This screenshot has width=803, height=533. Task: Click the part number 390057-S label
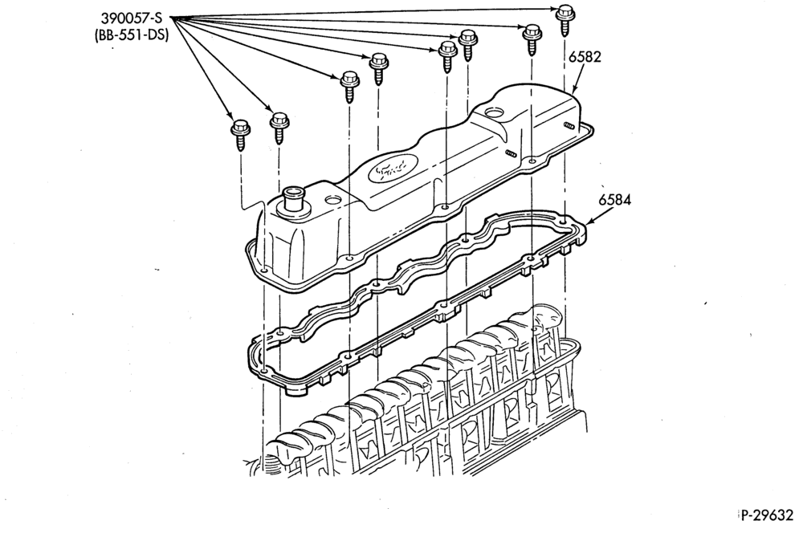pyautogui.click(x=132, y=19)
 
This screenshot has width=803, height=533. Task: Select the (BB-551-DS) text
pyautogui.click(x=132, y=35)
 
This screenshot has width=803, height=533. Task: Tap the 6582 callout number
pyautogui.click(x=585, y=56)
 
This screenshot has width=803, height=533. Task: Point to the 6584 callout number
pyautogui.click(x=615, y=199)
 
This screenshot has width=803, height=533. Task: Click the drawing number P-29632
pyautogui.click(x=767, y=515)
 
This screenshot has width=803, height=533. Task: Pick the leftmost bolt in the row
pyautogui.click(x=239, y=133)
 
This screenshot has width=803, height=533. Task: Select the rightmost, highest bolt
pyautogui.click(x=565, y=20)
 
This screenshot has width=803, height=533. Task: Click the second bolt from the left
pyautogui.click(x=279, y=128)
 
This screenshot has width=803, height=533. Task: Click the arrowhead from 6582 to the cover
pyautogui.click(x=574, y=90)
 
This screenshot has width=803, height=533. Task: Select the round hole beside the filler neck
pyautogui.click(x=333, y=201)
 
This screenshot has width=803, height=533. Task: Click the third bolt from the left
pyautogui.click(x=350, y=87)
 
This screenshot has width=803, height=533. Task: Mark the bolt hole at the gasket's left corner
pyautogui.click(x=264, y=370)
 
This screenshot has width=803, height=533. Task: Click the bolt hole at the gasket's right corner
pyautogui.click(x=564, y=222)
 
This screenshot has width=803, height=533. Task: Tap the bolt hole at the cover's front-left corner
pyautogui.click(x=264, y=270)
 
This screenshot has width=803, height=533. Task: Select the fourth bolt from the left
pyautogui.click(x=379, y=68)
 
